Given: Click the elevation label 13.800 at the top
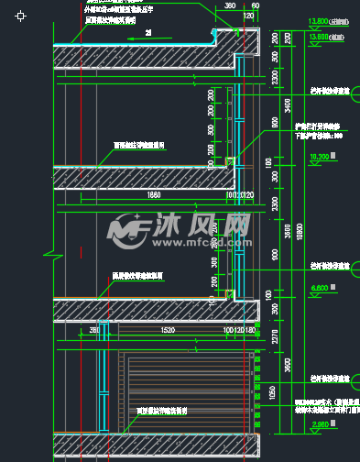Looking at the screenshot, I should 319,20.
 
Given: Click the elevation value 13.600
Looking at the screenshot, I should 318,36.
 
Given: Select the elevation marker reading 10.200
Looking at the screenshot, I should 319,157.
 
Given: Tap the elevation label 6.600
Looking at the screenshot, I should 318,287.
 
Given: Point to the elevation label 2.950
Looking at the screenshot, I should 318,424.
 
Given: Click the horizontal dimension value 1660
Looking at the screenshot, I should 153,194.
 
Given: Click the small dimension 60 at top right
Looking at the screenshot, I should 255,5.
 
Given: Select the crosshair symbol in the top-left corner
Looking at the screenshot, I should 21,16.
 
